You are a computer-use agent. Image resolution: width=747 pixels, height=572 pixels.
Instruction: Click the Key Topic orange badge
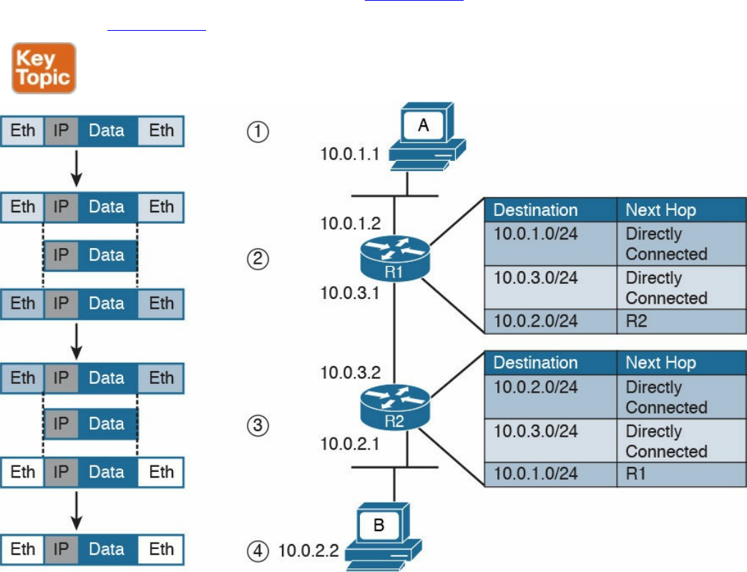(x=44, y=68)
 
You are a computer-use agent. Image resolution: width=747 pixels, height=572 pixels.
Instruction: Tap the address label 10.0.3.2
(x=350, y=372)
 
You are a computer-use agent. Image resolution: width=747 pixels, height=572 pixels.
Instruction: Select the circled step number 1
(x=257, y=133)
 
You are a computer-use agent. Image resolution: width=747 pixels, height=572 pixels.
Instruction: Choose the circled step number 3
(x=257, y=426)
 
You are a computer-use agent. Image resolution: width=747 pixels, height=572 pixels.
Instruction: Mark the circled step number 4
(x=257, y=551)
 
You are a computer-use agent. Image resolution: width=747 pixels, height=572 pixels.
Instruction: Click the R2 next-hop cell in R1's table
(x=636, y=322)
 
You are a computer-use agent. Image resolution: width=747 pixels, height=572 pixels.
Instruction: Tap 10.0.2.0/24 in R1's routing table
(x=535, y=322)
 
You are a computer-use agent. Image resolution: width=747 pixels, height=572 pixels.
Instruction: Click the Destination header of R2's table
(x=535, y=363)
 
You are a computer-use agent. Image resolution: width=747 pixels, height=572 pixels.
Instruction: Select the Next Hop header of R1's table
(x=660, y=210)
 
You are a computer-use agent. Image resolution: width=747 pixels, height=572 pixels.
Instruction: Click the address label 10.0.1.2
(x=350, y=224)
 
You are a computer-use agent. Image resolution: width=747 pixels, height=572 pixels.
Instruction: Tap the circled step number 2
(x=257, y=259)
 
